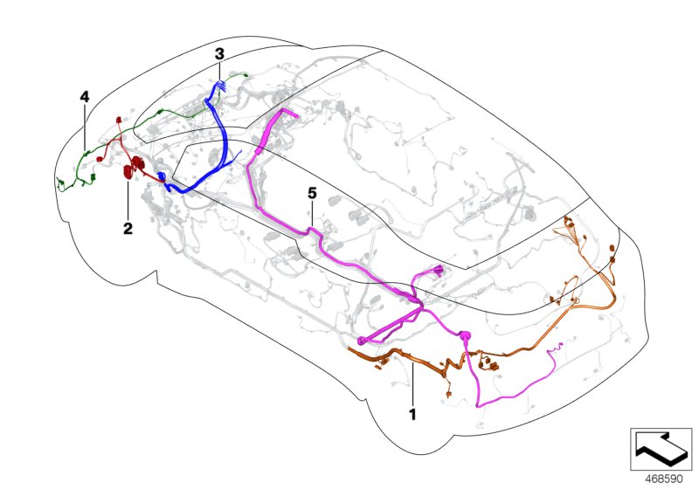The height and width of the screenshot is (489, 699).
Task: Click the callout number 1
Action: [412, 414]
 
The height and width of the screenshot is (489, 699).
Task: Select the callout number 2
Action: [128, 229]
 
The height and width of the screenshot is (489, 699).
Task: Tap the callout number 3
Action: [219, 54]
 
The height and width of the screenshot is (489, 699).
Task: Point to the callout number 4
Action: [85, 97]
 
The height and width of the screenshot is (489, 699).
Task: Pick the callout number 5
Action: [312, 193]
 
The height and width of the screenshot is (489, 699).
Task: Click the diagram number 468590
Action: [664, 479]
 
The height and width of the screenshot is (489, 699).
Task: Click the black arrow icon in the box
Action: [661, 449]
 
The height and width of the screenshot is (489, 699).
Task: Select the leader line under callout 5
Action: [312, 214]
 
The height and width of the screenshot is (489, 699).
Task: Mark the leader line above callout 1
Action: [412, 384]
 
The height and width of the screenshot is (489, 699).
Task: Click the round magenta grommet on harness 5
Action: [464, 335]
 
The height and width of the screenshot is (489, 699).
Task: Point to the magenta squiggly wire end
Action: [557, 347]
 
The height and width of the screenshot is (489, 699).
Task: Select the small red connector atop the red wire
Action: [119, 120]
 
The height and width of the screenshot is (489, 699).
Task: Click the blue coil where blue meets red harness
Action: [161, 176]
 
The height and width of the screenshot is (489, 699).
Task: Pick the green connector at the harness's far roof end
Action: [246, 75]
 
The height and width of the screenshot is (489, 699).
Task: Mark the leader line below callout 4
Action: [85, 127]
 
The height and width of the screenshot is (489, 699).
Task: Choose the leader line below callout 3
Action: [219, 71]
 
